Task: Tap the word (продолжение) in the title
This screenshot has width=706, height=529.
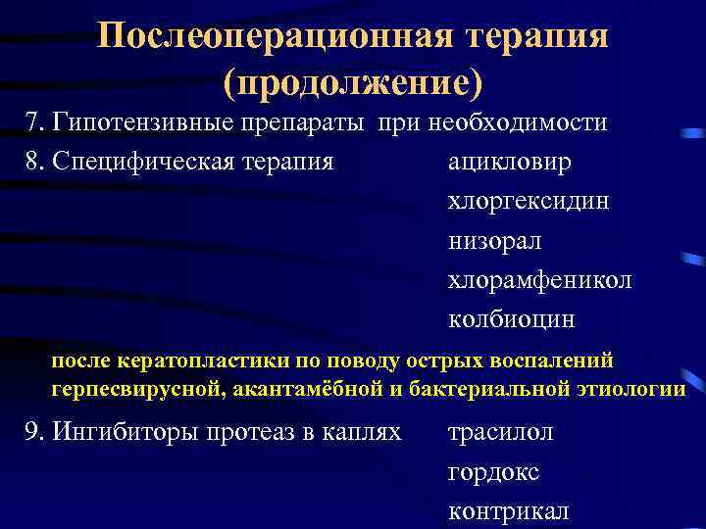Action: pyautogui.click(x=353, y=82)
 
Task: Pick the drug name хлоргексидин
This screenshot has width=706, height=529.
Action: pyautogui.click(x=529, y=201)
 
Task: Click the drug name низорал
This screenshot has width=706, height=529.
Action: pyautogui.click(x=494, y=240)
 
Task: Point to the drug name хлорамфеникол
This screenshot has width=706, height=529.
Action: pyautogui.click(x=539, y=280)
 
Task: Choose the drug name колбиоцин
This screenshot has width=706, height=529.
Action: pyautogui.click(x=512, y=319)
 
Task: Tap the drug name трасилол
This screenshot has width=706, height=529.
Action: pyautogui.click(x=500, y=432)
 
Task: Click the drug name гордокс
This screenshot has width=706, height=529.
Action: pyautogui.click(x=493, y=472)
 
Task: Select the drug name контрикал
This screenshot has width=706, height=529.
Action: pyautogui.click(x=508, y=511)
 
